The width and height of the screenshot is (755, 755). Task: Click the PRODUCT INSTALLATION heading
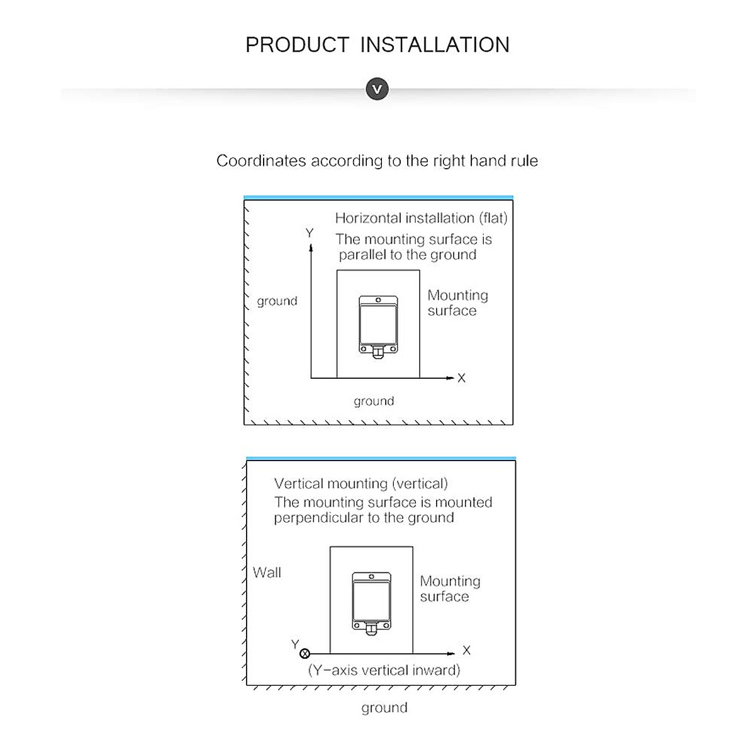(x=377, y=45)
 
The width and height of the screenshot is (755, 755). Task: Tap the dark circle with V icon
(x=377, y=89)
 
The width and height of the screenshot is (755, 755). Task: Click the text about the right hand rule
(x=377, y=161)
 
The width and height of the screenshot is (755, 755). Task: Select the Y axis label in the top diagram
(x=309, y=233)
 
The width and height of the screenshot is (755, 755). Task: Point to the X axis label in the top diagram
(x=461, y=378)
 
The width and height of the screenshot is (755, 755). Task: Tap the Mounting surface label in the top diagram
(x=457, y=303)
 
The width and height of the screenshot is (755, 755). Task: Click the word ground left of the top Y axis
(x=277, y=301)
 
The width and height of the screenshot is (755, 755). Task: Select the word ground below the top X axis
(x=374, y=401)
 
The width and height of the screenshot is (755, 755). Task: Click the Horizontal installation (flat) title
(x=421, y=218)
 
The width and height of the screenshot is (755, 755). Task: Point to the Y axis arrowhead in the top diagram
(x=310, y=247)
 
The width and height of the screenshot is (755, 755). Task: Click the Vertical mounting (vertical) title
(x=361, y=484)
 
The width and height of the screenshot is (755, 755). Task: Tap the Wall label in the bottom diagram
(x=267, y=573)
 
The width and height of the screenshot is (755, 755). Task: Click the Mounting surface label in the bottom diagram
(x=449, y=589)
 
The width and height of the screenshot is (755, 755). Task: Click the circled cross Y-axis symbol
(x=305, y=654)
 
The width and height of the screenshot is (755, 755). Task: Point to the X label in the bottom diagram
(x=466, y=651)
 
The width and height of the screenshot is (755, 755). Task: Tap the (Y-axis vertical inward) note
(x=384, y=670)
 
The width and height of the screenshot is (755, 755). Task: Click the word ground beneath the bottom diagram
(x=384, y=708)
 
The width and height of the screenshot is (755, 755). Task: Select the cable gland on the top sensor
(x=377, y=353)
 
